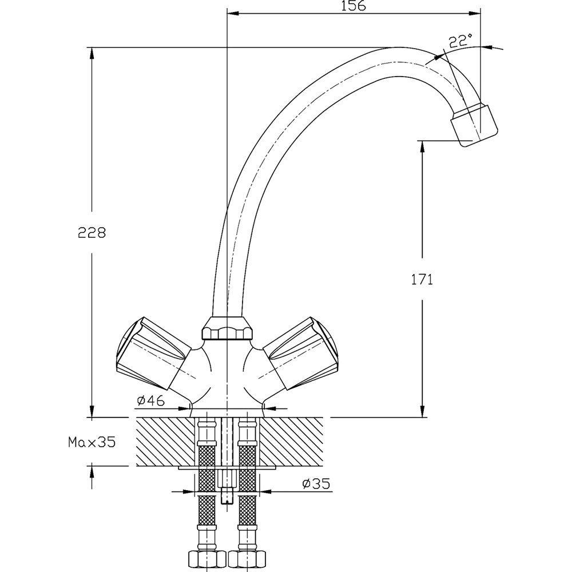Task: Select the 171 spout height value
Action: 422,279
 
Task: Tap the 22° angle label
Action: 460,41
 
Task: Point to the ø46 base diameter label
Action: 151,401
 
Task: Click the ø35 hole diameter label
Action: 316,484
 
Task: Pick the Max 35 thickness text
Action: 92,442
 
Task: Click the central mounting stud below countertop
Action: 227,486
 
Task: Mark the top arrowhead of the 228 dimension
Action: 92,53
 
